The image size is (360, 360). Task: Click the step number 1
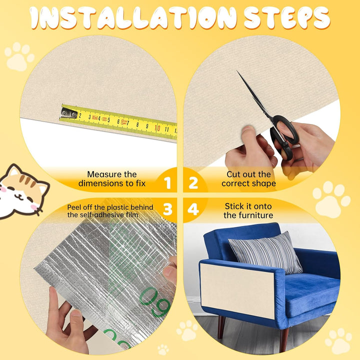167,183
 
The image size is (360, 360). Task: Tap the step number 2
193,183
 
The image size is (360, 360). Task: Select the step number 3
167,209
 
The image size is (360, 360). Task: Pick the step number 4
193,209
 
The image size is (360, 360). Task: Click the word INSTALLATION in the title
133,18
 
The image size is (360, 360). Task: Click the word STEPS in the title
287,18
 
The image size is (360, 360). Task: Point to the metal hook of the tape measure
69,112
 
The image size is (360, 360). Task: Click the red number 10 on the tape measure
157,127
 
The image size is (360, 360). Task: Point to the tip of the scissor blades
237,71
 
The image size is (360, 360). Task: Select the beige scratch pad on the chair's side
237,291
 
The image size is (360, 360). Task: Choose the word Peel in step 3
73,207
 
